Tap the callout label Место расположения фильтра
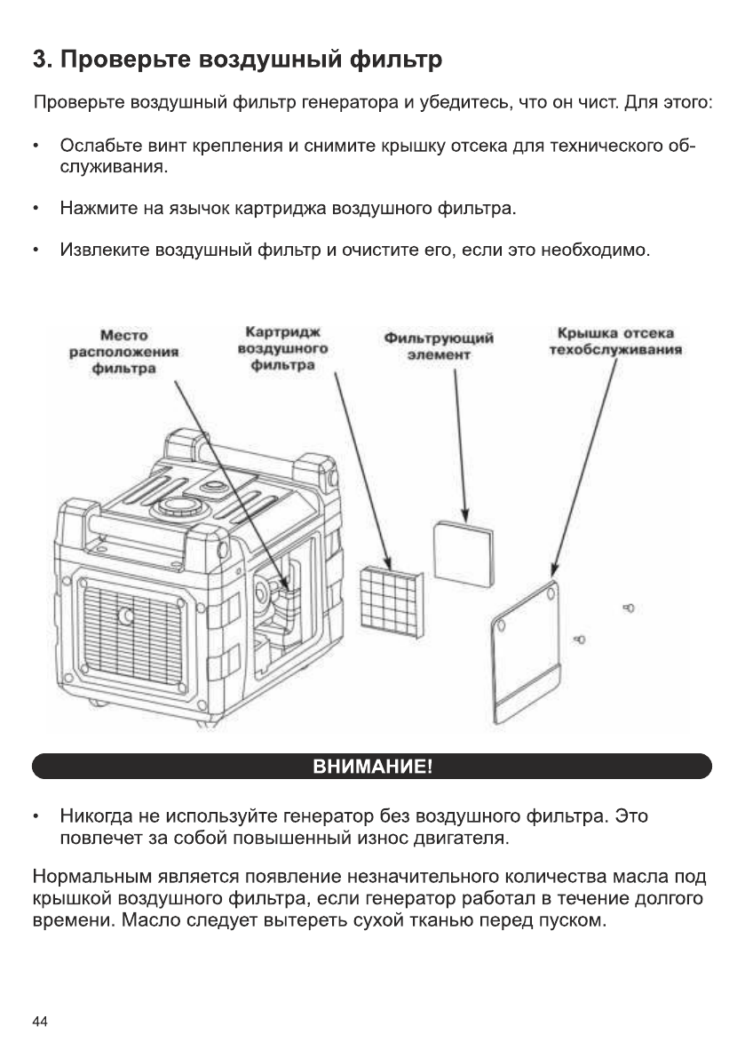point(124,352)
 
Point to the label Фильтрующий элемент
point(439,346)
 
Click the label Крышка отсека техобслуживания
point(614,341)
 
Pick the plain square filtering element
point(463,551)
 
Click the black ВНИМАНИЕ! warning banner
point(372,766)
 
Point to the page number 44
point(40,1022)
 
